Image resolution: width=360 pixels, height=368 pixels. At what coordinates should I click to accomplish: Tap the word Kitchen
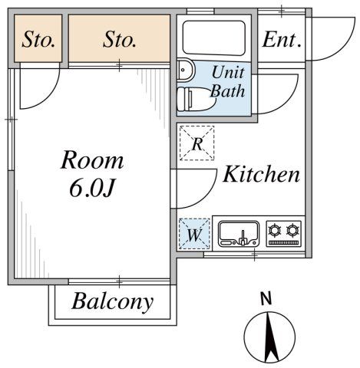pos(261,175)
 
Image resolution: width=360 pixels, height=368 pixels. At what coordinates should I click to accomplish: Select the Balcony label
pos(112,301)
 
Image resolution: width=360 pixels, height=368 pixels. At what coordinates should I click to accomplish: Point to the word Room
pos(92,161)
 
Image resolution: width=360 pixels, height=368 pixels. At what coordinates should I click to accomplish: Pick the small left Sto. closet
pos(38,39)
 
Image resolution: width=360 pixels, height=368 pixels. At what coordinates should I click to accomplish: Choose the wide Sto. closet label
pos(119,39)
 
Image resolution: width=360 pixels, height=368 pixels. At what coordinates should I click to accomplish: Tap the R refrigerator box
pos(197,143)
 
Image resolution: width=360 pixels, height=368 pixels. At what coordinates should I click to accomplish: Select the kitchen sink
pos(239,233)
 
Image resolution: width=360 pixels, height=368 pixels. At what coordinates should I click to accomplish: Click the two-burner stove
pos(284,232)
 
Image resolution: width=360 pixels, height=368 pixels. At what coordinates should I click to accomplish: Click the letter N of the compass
pos(266,299)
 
